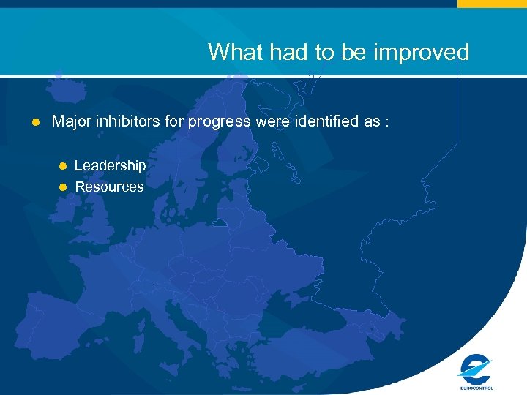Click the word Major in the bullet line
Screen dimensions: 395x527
pyautogui.click(x=70, y=121)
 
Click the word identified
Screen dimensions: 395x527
pyautogui.click(x=326, y=121)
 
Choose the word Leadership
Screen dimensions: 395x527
pyautogui.click(x=110, y=166)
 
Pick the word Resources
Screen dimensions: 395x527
pyautogui.click(x=109, y=187)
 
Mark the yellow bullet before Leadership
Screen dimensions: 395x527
pyautogui.click(x=63, y=166)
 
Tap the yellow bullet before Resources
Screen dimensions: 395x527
pyautogui.click(x=63, y=187)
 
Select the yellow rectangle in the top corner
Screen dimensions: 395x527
pyautogui.click(x=492, y=4)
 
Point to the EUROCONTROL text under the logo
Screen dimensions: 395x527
pyautogui.click(x=476, y=388)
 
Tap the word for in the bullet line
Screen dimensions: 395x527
pyautogui.click(x=176, y=121)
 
